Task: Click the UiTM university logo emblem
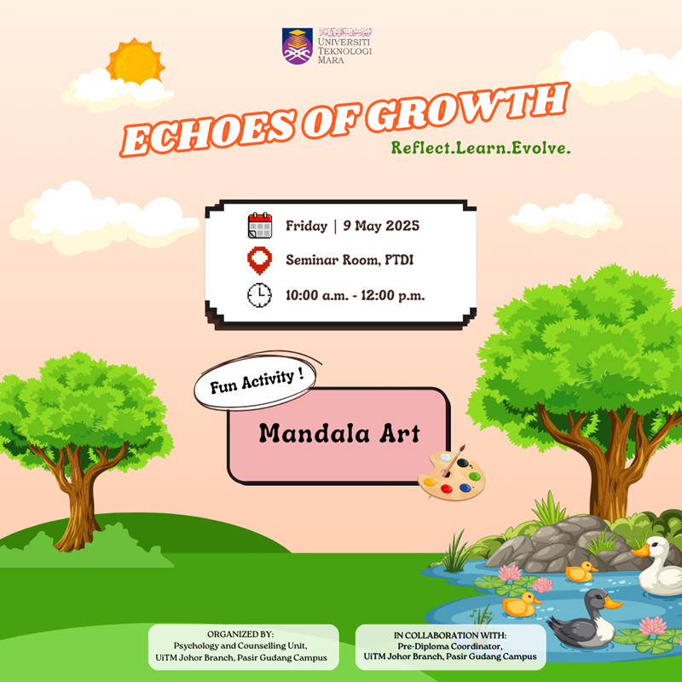[297, 46]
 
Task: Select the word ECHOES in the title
[208, 133]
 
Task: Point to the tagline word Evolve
[540, 147]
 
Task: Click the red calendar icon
[260, 225]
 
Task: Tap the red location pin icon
[260, 261]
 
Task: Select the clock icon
[260, 295]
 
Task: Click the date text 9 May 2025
[381, 226]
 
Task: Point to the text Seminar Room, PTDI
[350, 260]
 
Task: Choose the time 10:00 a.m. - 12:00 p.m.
[355, 295]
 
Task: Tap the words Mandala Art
[339, 433]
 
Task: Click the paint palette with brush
[452, 474]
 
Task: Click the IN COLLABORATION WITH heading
[450, 635]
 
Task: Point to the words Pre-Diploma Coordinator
[450, 646]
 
